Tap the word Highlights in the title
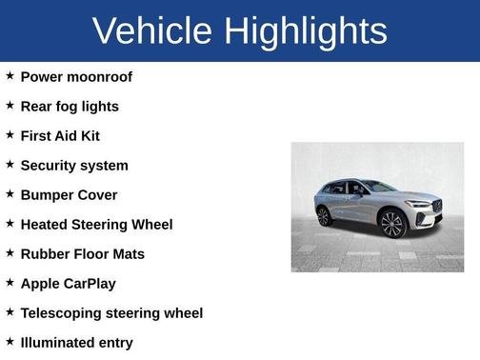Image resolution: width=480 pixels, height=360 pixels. [x=305, y=30]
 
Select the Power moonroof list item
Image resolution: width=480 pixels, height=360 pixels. [x=76, y=77]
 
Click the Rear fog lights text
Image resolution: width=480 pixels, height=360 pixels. [x=70, y=107]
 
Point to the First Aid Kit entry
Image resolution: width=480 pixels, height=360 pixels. [x=60, y=136]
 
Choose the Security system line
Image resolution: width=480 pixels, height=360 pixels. [x=74, y=166]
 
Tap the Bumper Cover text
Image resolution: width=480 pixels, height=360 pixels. [x=69, y=195]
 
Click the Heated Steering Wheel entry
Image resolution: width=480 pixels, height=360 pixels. [x=96, y=225]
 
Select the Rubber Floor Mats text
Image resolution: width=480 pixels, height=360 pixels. [x=83, y=254]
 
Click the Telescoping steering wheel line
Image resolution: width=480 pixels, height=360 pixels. [x=111, y=313]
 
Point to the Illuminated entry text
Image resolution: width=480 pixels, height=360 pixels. [x=76, y=343]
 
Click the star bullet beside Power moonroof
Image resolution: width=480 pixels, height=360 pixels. [x=10, y=76]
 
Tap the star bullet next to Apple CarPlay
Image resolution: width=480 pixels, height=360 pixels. [x=10, y=283]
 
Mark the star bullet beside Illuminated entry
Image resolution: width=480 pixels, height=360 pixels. [x=10, y=342]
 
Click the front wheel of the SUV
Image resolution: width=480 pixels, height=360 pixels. [x=392, y=225]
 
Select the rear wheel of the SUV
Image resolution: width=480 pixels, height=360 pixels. [x=325, y=216]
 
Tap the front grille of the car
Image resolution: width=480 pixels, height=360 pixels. [x=437, y=207]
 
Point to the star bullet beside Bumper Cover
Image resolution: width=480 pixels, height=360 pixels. [x=10, y=194]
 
